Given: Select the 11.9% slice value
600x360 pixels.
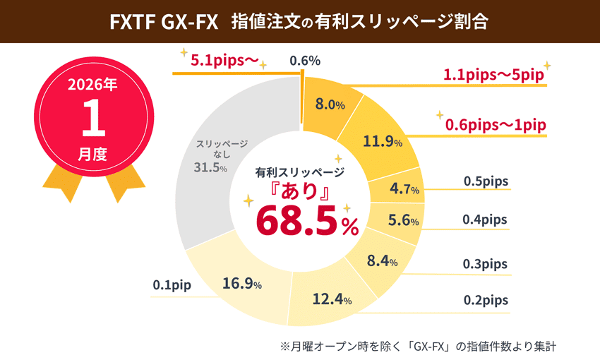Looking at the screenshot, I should (382, 141).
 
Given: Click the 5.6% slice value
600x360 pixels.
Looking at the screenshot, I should (403, 220).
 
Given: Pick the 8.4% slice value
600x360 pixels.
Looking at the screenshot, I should (382, 261).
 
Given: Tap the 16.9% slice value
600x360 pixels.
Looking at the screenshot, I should (242, 284).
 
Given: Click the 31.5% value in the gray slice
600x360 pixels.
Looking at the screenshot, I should (210, 167).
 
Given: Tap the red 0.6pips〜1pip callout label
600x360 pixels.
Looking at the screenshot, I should (496, 125).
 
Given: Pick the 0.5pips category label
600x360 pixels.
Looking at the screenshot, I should (486, 181).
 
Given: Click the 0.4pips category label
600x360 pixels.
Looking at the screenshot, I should (485, 220).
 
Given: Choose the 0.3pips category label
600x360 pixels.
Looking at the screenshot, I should (485, 263).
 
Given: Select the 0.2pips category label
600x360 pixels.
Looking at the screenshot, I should (486, 300).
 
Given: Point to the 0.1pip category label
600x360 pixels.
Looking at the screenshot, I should (172, 286).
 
